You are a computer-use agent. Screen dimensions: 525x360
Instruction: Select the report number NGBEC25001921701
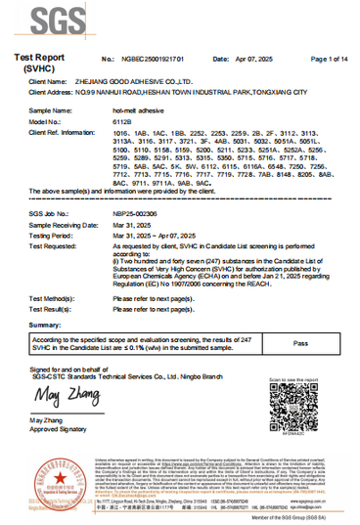coord(151,61)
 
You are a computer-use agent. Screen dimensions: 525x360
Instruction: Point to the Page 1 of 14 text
coord(329,61)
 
